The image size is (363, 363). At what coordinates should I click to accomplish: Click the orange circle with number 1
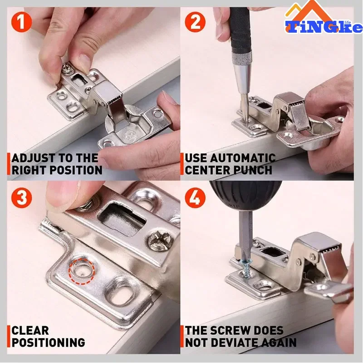click(21, 22)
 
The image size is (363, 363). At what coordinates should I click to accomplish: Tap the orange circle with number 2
click(195, 22)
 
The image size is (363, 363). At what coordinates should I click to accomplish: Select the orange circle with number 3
click(21, 197)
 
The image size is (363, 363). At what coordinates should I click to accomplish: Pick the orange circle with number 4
click(195, 197)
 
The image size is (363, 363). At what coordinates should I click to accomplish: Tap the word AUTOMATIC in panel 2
click(244, 158)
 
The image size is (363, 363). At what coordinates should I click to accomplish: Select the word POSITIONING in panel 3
click(49, 343)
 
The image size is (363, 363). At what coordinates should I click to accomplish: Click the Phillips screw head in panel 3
click(160, 241)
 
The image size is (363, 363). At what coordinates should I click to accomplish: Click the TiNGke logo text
click(324, 27)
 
